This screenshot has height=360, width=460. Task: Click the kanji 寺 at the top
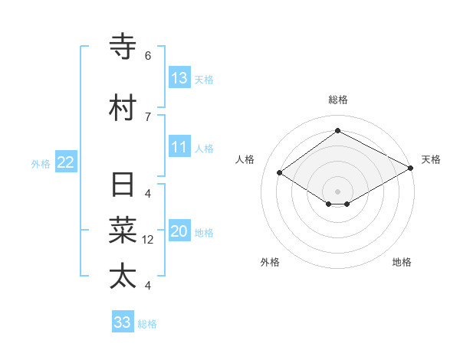(x=123, y=47)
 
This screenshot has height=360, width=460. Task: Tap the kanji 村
(x=123, y=107)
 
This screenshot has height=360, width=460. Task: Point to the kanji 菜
(x=123, y=230)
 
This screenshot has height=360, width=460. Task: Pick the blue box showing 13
(x=179, y=78)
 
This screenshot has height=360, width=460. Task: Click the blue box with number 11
(x=179, y=148)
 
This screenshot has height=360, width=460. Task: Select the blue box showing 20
(x=179, y=232)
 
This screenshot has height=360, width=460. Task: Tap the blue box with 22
(x=66, y=162)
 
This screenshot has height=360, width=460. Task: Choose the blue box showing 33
(x=123, y=322)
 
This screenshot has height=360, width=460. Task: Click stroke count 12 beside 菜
(x=148, y=240)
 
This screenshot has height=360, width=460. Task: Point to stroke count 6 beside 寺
(x=148, y=56)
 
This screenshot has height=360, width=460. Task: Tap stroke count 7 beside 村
(x=148, y=116)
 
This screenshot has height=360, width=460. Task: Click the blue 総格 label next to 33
(x=147, y=324)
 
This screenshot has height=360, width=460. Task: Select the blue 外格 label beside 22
(x=41, y=163)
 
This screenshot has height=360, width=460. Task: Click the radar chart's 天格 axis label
(x=431, y=159)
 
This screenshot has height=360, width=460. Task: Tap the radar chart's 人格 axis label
(x=245, y=159)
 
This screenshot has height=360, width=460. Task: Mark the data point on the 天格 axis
(x=411, y=169)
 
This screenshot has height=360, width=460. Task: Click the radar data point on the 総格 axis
(x=338, y=131)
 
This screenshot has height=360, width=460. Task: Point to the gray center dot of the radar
(x=338, y=191)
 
